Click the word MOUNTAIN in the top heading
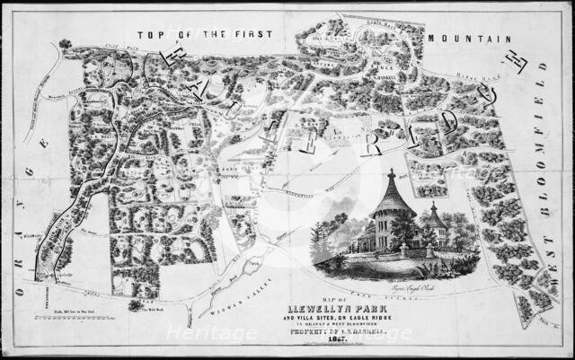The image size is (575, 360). point(469,40)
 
